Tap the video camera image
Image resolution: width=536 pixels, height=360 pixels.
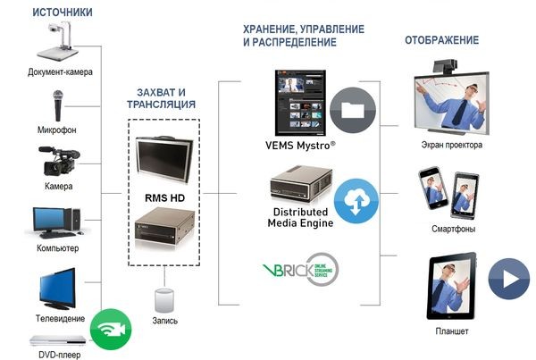(x=56, y=162)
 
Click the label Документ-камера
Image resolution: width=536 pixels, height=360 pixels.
(x=60, y=71)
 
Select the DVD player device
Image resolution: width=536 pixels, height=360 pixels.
(x=59, y=340)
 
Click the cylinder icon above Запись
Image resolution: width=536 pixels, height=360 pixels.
(x=163, y=299)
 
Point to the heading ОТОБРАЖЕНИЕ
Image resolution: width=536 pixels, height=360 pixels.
(x=441, y=40)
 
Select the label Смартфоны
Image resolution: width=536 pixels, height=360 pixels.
(x=452, y=229)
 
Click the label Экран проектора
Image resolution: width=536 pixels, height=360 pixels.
(x=452, y=144)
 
